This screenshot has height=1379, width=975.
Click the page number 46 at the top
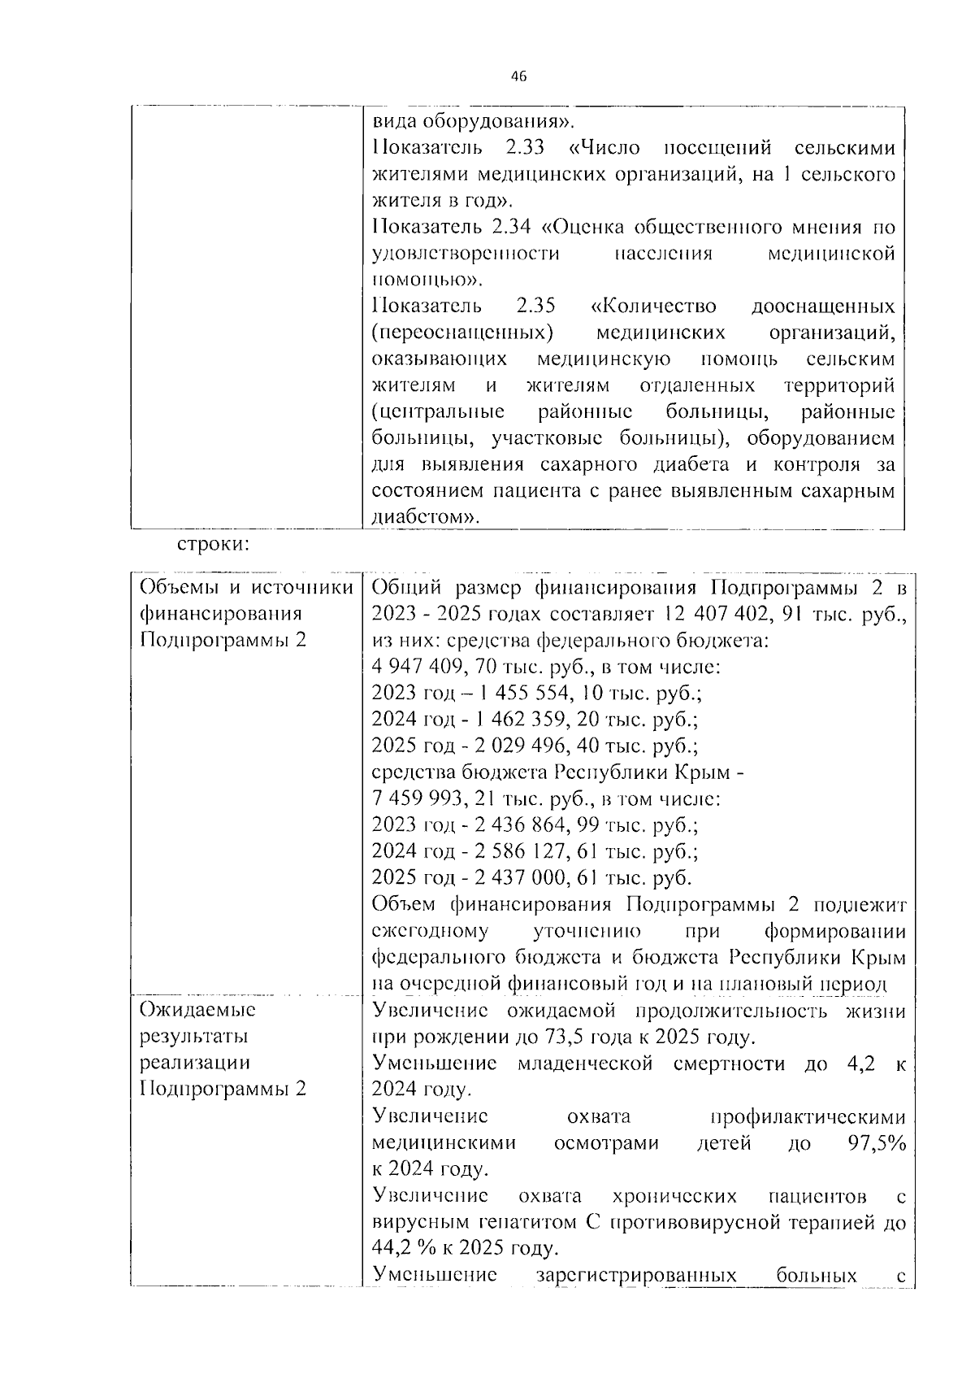(518, 76)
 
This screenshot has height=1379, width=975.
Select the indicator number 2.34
(512, 227)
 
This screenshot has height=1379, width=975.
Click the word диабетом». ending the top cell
(426, 517)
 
